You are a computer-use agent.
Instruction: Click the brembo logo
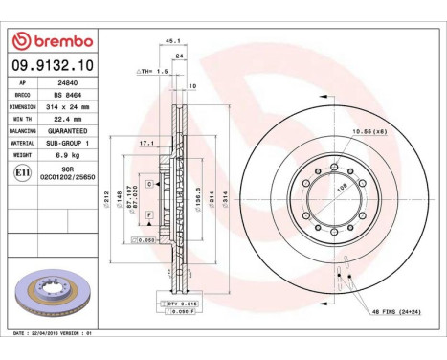(53, 42)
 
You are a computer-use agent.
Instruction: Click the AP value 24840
(68, 83)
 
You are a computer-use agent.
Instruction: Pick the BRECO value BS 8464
(68, 95)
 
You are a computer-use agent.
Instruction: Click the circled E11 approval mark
(22, 172)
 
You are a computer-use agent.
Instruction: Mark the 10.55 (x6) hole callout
(369, 129)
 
